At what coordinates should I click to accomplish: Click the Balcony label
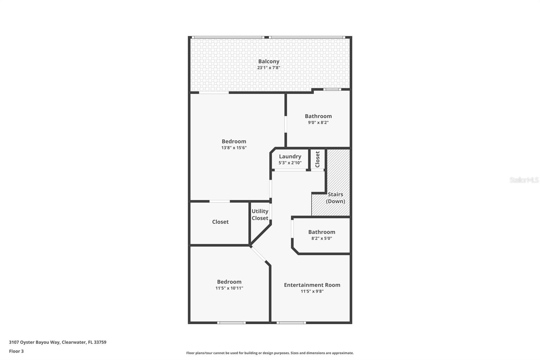pos(269,61)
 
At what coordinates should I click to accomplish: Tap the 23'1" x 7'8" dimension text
pos(269,68)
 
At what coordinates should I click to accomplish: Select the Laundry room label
pos(290,156)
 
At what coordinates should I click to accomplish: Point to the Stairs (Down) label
pos(335,198)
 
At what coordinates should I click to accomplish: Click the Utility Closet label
pos(260,214)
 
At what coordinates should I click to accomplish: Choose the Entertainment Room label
pos(312,285)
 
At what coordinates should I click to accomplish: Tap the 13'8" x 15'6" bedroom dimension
pos(234,148)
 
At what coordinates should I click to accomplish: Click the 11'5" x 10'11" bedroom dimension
pos(229,288)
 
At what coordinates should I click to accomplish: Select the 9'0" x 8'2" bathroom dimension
pos(318,122)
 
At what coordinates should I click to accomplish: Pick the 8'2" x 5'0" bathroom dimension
pos(321,238)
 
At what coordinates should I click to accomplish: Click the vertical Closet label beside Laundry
pos(317,159)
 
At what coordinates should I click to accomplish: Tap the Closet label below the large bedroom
pos(220,222)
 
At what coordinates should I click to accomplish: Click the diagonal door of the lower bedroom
pos(259,255)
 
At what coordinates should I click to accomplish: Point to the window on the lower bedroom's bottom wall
pos(231,323)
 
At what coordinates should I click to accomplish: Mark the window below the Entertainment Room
pos(291,323)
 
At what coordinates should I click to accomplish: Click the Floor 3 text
pos(16,351)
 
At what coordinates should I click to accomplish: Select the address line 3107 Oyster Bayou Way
pos(57,342)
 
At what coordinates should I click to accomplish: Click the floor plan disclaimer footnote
pos(270,353)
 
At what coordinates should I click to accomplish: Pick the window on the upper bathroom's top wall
pos(332,89)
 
